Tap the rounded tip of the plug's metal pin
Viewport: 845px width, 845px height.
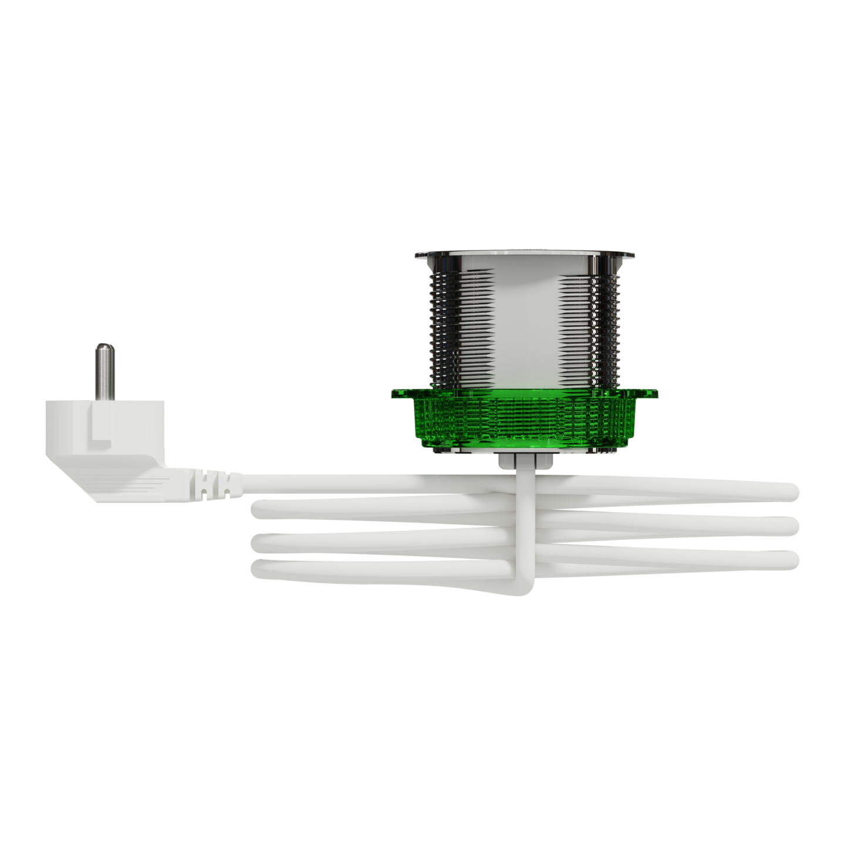point(103,347)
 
